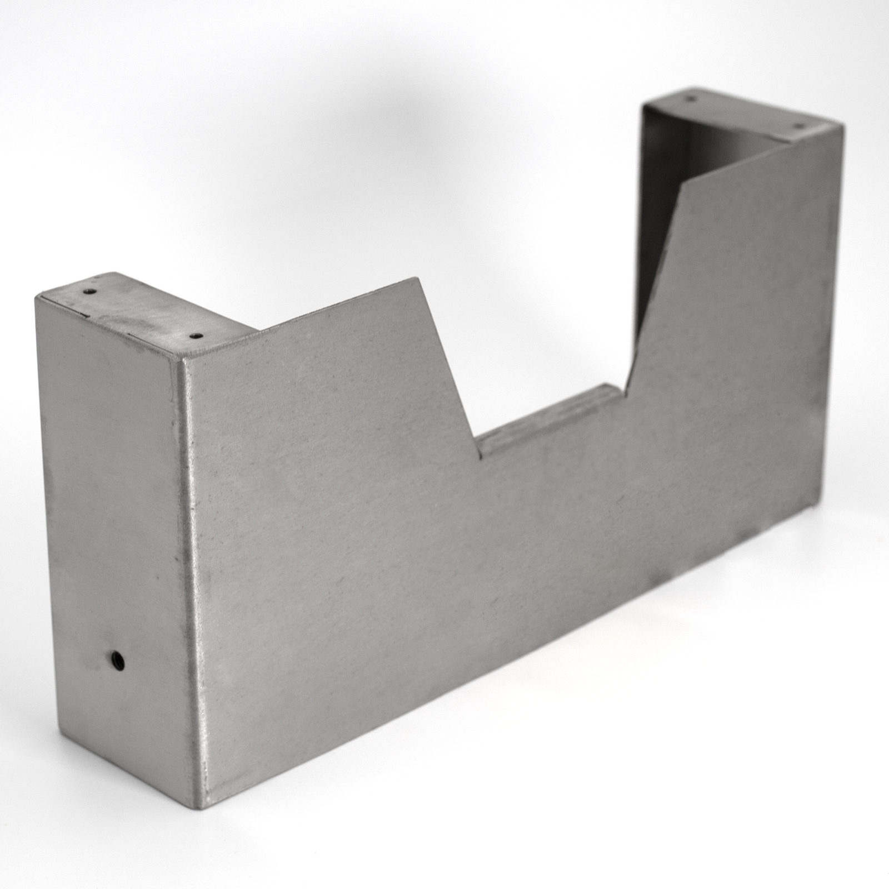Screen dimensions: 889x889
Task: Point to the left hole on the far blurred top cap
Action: point(691,98)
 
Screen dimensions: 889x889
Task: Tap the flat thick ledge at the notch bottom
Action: point(547,414)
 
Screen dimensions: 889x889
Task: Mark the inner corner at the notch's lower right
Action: point(627,397)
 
